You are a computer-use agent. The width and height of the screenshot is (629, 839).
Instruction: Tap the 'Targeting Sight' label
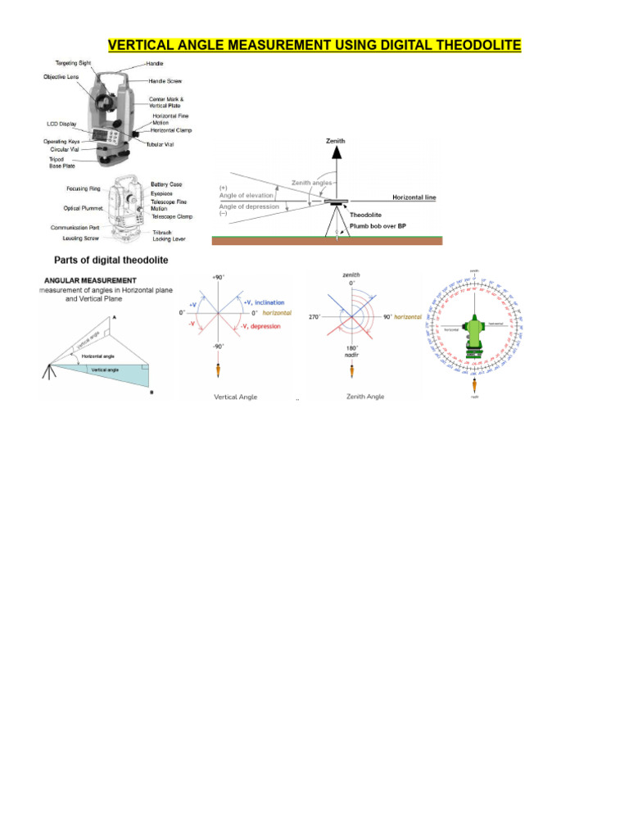[74, 63]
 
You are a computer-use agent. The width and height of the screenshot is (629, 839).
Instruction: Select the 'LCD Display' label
[62, 124]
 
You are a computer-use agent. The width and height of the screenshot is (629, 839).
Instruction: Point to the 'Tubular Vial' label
[161, 144]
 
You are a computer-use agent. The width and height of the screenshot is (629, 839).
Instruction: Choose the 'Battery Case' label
[167, 184]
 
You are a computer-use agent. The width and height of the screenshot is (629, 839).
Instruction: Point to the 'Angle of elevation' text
[247, 196]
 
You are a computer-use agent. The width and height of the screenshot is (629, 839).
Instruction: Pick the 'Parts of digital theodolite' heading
[111, 260]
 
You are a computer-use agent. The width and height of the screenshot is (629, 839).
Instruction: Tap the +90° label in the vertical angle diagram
[218, 279]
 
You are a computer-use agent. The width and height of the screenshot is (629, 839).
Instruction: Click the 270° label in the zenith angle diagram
[314, 317]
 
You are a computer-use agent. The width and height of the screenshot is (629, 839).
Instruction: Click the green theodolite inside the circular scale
[475, 335]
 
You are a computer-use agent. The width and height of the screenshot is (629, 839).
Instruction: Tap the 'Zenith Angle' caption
[364, 397]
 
